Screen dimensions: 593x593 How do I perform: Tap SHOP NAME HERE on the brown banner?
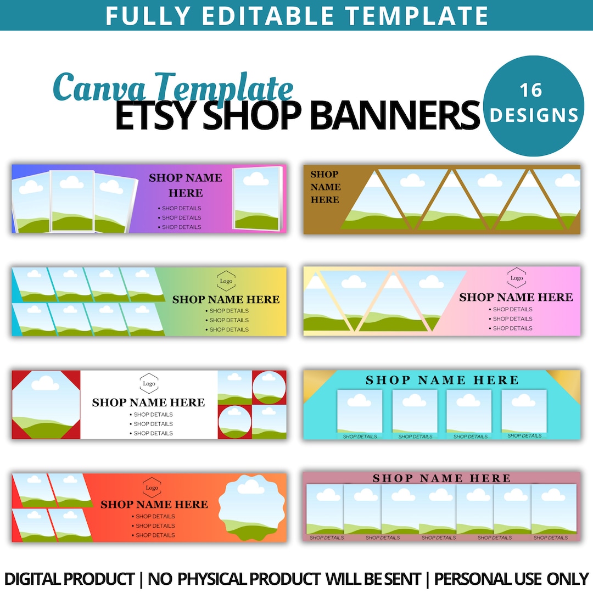pos(325,187)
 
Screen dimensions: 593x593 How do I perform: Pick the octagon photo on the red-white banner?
pos(46,405)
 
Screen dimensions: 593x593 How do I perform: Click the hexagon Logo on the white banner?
pos(149,384)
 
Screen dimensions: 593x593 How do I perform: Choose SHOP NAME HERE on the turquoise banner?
pos(442,380)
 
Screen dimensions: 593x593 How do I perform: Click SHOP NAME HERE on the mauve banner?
pos(441,478)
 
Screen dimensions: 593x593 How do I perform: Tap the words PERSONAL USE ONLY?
pos(511,579)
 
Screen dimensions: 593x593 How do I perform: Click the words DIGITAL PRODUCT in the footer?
pos(69,579)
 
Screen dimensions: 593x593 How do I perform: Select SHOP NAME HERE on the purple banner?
pos(186,185)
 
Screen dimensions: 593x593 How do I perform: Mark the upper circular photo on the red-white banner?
pos(269,387)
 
